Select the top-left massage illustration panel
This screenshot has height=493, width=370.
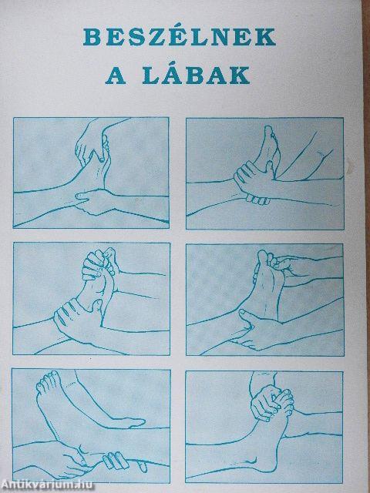92,170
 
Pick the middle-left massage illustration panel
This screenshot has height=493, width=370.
92,297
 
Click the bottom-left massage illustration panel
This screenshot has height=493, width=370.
92,424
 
